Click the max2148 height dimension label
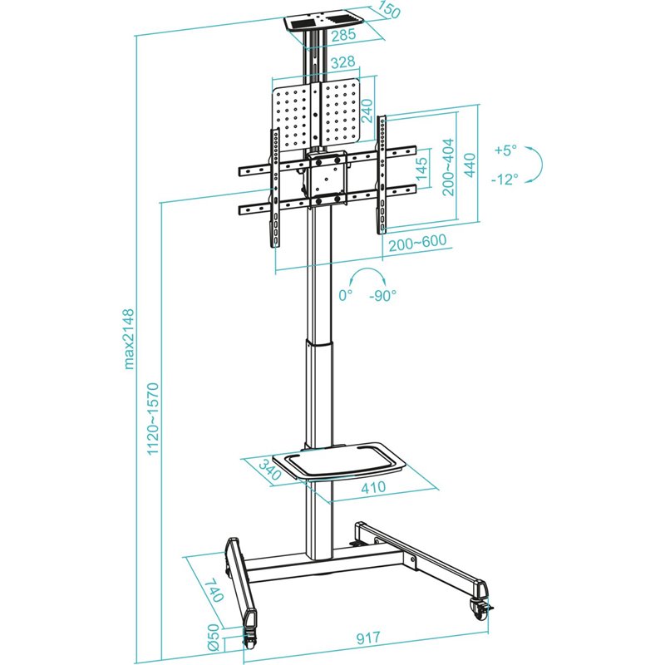pyautogui.click(x=130, y=337)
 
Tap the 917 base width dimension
pyautogui.click(x=368, y=638)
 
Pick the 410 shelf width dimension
pyautogui.click(x=373, y=489)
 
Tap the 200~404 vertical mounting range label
pyautogui.click(x=449, y=166)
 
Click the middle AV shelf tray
pyautogui.click(x=345, y=461)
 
